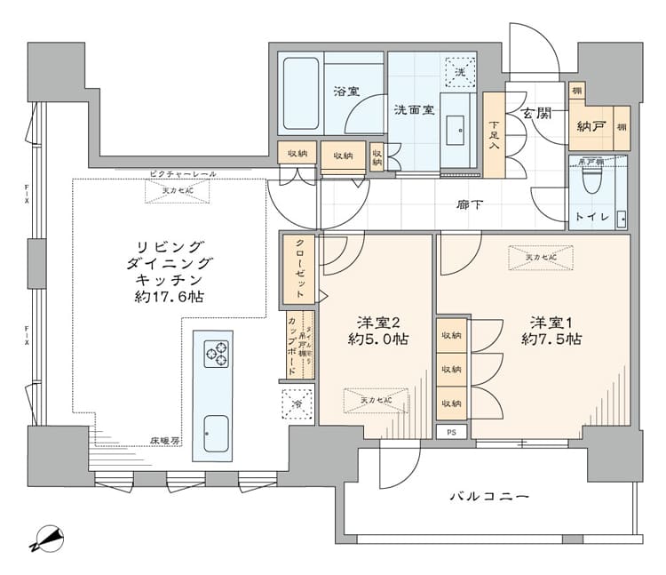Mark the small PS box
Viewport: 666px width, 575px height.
[x=452, y=433]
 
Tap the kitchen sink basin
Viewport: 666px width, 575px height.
[x=213, y=433]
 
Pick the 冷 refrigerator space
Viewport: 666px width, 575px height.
[x=297, y=405]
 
